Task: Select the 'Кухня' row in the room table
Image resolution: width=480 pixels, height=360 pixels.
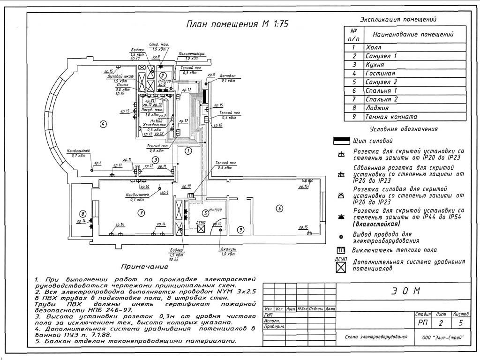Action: point(375,65)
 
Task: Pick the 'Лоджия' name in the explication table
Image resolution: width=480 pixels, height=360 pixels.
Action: point(377,108)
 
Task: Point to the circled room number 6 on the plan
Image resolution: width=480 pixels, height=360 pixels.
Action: point(279,208)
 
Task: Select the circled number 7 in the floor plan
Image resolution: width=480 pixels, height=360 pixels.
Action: point(141,213)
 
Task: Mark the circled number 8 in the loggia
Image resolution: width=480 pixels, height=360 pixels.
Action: point(82,213)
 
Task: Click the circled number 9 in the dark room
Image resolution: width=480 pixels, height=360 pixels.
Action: point(240,230)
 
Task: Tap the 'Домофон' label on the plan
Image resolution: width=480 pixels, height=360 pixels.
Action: point(227,75)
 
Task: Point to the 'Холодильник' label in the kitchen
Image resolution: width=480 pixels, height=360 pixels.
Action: point(155,125)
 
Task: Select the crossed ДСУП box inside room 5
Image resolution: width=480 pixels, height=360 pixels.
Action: point(201,229)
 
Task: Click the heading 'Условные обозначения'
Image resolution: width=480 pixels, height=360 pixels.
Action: point(404,129)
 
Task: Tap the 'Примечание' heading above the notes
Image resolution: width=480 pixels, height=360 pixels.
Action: point(144,267)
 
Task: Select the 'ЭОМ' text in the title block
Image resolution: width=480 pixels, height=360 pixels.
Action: point(405,291)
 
